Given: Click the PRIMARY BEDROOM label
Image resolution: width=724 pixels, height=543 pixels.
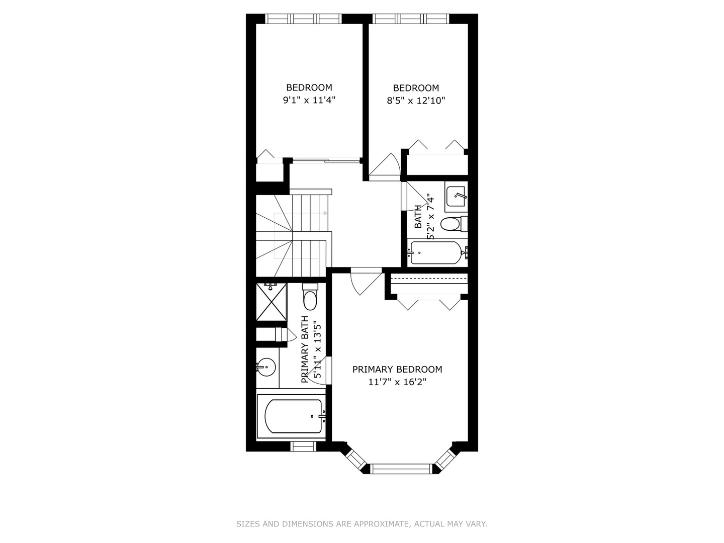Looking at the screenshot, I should pyautogui.click(x=397, y=370).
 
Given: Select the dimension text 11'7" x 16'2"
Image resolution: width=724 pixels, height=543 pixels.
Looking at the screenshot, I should pyautogui.click(x=397, y=382).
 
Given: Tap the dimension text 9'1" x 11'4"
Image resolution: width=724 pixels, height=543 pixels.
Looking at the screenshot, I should pyautogui.click(x=309, y=100).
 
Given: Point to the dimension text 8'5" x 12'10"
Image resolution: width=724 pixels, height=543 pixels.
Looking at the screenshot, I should pyautogui.click(x=416, y=101).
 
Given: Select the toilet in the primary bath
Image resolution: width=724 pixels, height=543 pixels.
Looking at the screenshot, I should pyautogui.click(x=310, y=298).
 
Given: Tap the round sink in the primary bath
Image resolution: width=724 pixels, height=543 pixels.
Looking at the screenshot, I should pyautogui.click(x=266, y=367).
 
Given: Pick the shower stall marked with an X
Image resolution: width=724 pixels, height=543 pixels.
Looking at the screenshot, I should pyautogui.click(x=271, y=302).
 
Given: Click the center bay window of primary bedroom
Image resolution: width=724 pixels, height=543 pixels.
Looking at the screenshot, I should pyautogui.click(x=401, y=469).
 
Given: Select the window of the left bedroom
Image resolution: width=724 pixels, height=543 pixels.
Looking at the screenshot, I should pyautogui.click(x=303, y=19).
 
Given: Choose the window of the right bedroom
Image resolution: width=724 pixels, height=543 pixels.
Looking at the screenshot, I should pyautogui.click(x=411, y=19).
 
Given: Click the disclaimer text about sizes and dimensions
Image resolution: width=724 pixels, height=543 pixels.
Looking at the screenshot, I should pyautogui.click(x=361, y=524).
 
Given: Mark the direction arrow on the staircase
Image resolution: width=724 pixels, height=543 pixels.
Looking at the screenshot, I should pyautogui.click(x=325, y=213).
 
